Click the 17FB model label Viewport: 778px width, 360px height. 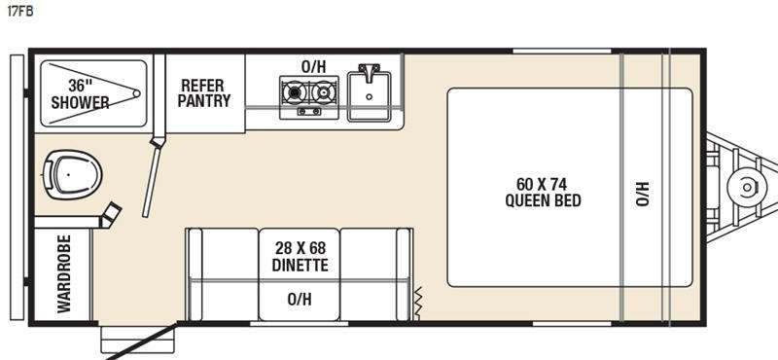[18, 14]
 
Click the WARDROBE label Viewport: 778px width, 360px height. [64, 273]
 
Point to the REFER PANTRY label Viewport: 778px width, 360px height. [204, 92]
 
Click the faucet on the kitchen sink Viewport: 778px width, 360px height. [370, 74]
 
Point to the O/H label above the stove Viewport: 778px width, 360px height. [313, 66]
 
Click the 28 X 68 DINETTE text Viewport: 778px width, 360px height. [300, 256]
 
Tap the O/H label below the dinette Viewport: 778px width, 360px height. [300, 300]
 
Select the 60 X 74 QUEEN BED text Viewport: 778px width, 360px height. [543, 192]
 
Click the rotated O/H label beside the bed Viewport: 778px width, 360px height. [642, 192]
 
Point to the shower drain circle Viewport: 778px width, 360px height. [135, 94]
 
